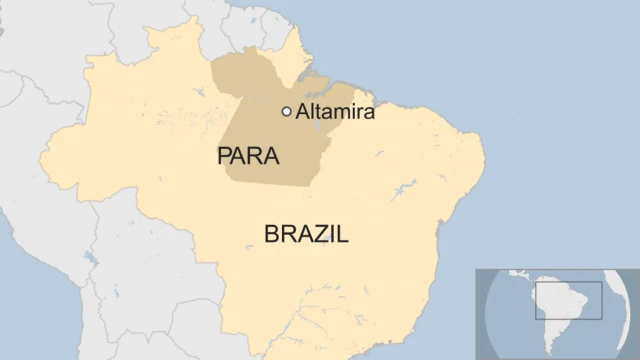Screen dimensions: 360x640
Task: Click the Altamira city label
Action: (335, 113)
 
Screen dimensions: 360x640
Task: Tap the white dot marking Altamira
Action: (287, 112)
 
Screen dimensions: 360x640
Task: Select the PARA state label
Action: (248, 157)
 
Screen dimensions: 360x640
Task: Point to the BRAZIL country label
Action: (306, 235)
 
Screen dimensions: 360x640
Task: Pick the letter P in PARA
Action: (224, 157)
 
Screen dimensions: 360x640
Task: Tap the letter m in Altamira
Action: (335, 114)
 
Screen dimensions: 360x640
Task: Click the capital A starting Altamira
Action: (302, 113)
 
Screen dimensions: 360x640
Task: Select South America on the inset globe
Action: (561, 305)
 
